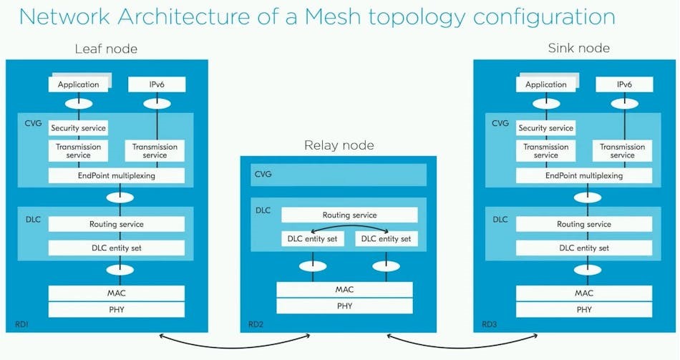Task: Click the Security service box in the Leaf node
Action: point(78,128)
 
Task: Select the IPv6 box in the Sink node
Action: point(624,84)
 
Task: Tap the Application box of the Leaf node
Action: point(78,84)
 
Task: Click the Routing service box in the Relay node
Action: point(349,215)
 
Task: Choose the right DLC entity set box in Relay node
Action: point(387,238)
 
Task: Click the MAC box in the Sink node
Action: point(584,293)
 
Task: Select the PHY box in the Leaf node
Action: point(116,310)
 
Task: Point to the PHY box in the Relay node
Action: point(344,306)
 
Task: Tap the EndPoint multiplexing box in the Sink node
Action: point(584,175)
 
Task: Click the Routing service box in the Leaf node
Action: point(116,224)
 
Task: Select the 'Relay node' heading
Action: point(339,146)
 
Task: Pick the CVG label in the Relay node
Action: point(263,174)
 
